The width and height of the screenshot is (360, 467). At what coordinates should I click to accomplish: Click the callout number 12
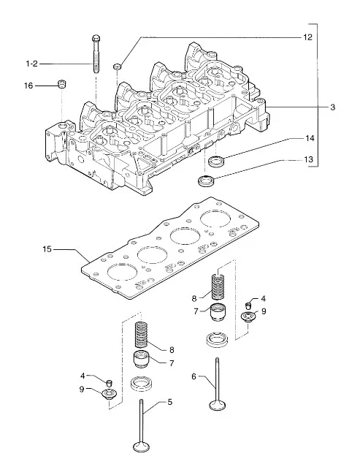307,37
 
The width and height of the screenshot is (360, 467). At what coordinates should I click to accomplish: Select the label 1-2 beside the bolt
32,64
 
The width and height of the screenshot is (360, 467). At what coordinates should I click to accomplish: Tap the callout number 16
28,86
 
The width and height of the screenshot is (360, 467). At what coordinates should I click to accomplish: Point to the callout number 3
333,107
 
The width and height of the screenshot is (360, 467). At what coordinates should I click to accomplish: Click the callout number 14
310,138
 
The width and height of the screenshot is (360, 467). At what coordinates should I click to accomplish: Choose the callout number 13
309,159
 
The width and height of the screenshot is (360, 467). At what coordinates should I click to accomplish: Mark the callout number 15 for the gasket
47,249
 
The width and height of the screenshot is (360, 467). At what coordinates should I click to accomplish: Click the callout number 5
170,402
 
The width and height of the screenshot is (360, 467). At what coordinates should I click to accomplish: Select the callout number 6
194,377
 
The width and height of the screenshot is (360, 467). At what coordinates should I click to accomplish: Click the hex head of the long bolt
96,39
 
